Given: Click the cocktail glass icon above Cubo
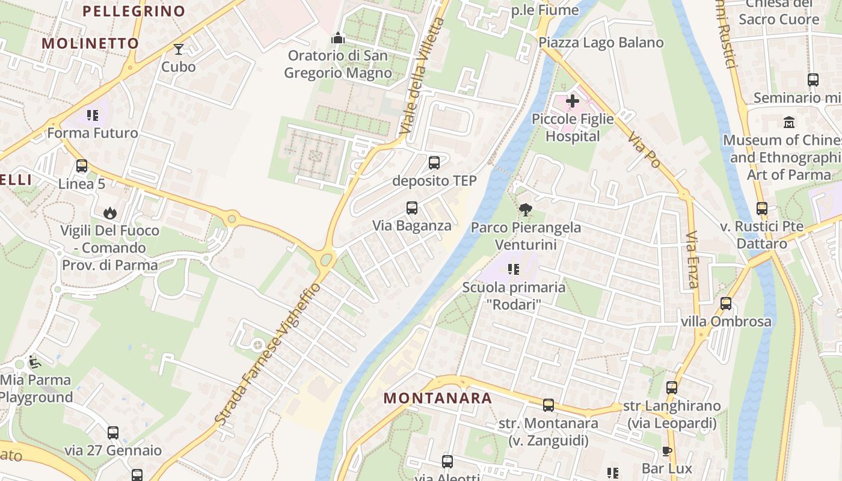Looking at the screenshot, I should click(x=178, y=49).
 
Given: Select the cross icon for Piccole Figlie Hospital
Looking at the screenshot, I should click(x=573, y=100).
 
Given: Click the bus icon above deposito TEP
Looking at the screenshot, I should click(x=434, y=162).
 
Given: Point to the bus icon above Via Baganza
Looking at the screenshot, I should click(x=412, y=208).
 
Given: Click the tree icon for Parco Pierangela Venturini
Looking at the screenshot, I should click(x=526, y=210).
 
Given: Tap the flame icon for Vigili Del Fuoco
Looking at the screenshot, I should click(x=109, y=213).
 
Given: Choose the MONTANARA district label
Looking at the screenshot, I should click(x=438, y=398).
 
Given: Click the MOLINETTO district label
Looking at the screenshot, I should click(x=91, y=43).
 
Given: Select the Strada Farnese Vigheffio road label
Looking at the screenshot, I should click(x=269, y=354).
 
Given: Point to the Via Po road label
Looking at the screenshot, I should click(x=644, y=151).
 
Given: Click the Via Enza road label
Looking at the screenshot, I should click(x=692, y=260).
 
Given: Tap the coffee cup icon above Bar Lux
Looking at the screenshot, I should click(x=666, y=451).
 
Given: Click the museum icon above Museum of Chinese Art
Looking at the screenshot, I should click(x=789, y=123).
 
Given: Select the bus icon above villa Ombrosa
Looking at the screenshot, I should click(x=726, y=304).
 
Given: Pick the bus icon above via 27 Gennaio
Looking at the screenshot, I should click(x=113, y=432).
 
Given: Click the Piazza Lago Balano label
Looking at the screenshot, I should click(x=601, y=43).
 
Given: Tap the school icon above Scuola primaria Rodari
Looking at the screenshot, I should click(x=513, y=269).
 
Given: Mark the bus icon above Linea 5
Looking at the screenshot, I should click(x=82, y=166).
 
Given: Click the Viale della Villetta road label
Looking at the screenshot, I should click(x=422, y=76).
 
